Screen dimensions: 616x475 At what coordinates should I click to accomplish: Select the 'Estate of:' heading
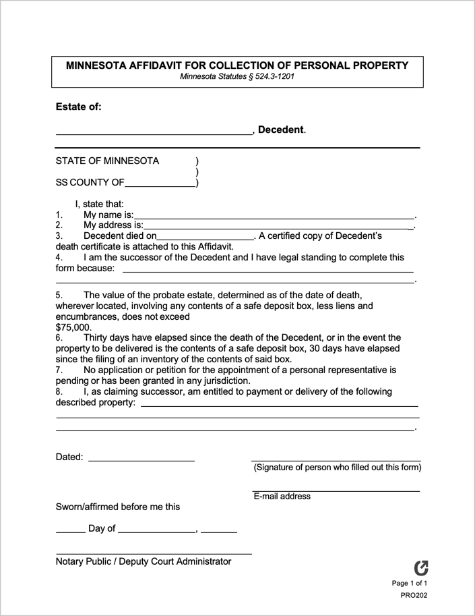click(78, 107)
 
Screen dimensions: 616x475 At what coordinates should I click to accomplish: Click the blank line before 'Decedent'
click(153, 133)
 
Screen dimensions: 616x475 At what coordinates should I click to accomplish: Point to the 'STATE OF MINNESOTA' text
click(107, 161)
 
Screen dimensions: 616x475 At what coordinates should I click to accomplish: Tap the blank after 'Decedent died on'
click(205, 238)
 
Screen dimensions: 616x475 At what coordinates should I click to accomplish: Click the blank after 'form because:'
click(267, 271)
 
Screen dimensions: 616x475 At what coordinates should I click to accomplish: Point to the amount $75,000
click(73, 327)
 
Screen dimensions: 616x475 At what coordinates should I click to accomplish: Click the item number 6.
click(59, 337)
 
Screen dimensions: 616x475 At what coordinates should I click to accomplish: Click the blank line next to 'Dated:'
click(141, 459)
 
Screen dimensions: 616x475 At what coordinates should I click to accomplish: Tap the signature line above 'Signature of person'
click(336, 459)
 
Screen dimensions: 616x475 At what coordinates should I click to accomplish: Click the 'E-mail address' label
click(282, 497)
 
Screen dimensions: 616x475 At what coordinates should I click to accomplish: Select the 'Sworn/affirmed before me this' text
click(117, 507)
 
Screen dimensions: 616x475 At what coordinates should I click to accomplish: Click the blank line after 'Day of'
click(156, 532)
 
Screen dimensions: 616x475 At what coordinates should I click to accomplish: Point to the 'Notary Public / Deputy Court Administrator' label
click(143, 561)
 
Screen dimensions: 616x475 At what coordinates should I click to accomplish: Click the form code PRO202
click(413, 595)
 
